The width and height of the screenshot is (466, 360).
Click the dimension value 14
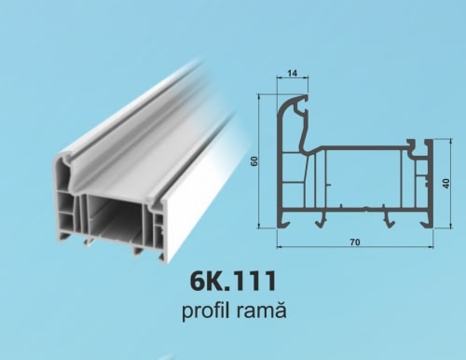pyautogui.click(x=293, y=74)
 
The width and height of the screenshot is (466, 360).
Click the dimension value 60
pyautogui.click(x=254, y=161)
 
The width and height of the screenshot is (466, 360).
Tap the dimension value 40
pyautogui.click(x=446, y=184)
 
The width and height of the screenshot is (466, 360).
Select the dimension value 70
pyautogui.click(x=355, y=242)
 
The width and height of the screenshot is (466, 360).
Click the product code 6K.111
pyautogui.click(x=233, y=281)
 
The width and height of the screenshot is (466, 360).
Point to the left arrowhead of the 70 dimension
pyautogui.click(x=279, y=247)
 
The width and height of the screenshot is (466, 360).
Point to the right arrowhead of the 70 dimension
pyautogui.click(x=431, y=247)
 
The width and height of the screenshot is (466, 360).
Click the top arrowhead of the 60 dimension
pyautogui.click(x=259, y=96)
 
